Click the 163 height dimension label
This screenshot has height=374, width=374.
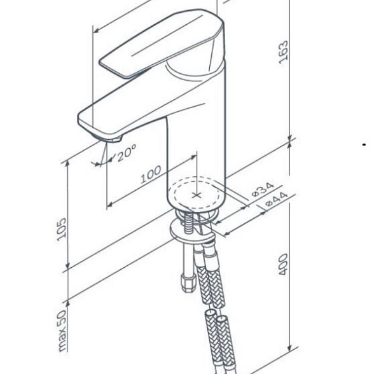[284, 52]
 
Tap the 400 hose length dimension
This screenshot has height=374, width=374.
[284, 265]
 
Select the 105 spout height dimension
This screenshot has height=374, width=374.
[62, 229]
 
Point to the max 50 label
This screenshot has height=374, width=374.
[62, 331]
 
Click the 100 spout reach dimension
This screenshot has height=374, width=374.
[151, 174]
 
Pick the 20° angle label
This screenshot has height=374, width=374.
[127, 153]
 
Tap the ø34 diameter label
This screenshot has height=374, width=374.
[263, 190]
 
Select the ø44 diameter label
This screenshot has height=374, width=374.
[277, 200]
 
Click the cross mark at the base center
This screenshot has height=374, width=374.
[197, 195]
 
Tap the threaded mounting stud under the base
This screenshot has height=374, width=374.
[189, 224]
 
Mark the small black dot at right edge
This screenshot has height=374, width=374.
[364, 144]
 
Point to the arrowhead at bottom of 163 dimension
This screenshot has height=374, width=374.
[290, 138]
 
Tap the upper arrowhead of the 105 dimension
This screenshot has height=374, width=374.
[67, 164]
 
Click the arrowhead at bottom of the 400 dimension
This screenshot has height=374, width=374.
[290, 348]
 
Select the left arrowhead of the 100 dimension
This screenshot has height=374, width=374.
[109, 205]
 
